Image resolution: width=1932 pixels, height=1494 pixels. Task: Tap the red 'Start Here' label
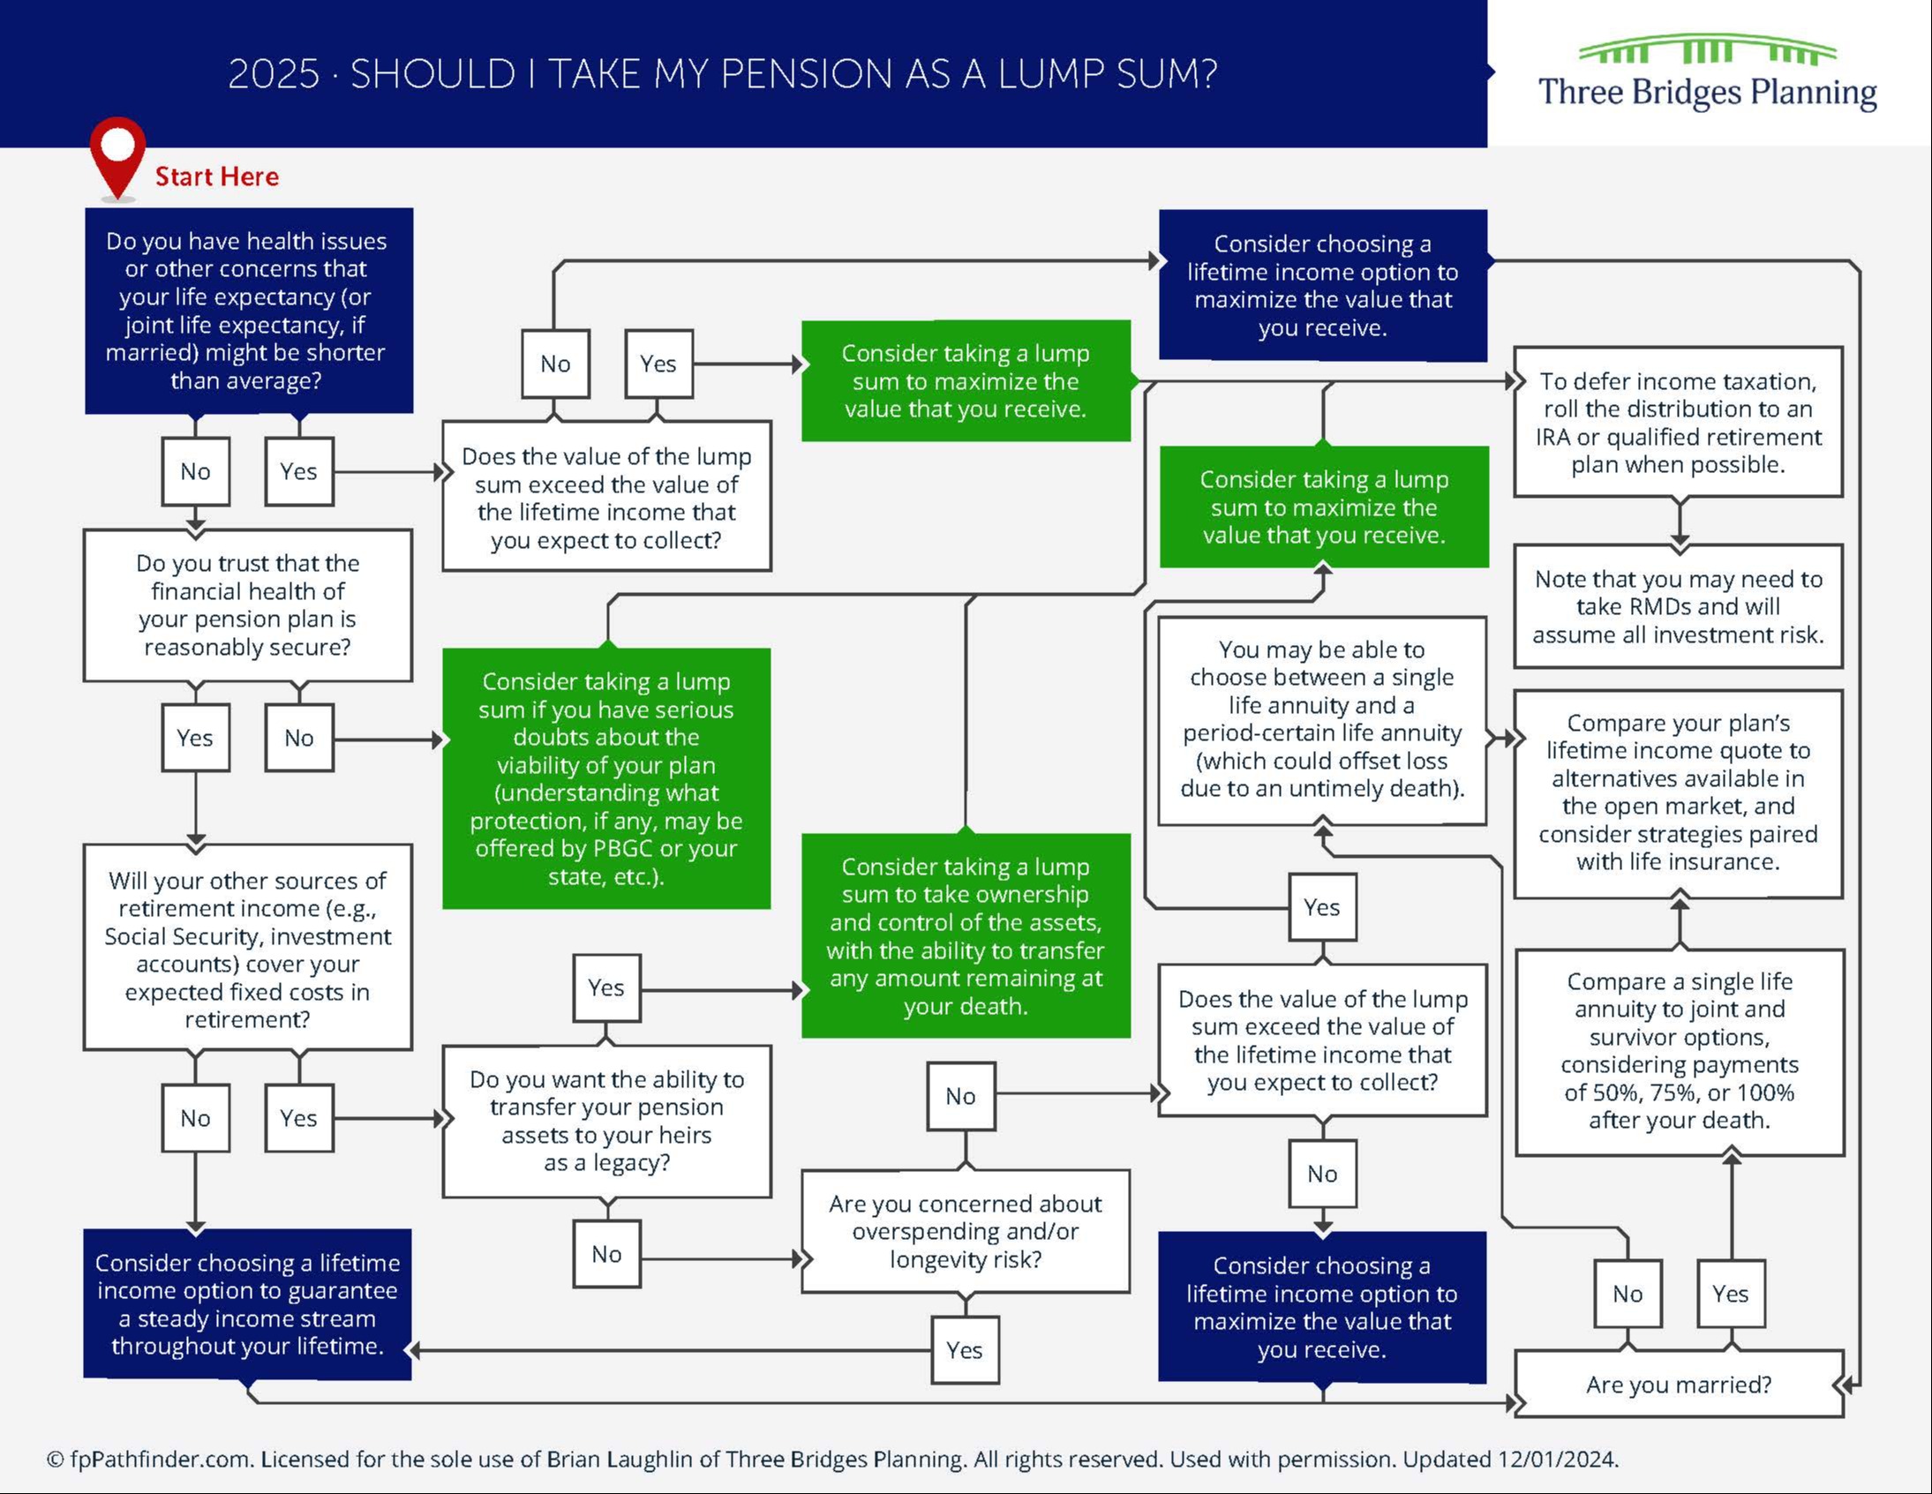pos(217,176)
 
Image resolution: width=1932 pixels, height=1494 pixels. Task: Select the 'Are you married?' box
pos(1678,1385)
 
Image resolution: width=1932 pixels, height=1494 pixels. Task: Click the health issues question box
pos(249,311)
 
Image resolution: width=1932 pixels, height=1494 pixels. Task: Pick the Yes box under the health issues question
pos(299,471)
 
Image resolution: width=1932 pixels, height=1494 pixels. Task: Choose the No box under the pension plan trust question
pos(299,738)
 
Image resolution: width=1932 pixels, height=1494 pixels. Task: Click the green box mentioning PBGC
pos(606,778)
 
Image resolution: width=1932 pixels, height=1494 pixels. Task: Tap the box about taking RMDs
pos(1678,607)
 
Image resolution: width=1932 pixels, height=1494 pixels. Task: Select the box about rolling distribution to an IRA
pos(1678,423)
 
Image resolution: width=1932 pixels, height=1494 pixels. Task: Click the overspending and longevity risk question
pos(965,1231)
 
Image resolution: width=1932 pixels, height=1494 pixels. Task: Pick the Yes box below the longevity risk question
pos(964,1350)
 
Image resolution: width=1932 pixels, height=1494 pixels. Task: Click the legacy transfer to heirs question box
pos(606,1121)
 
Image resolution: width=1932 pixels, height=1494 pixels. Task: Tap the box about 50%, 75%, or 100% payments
pos(1679,1051)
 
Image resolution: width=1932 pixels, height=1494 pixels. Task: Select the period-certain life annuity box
pos(1321,719)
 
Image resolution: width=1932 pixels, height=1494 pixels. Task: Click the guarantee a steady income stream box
pos(248,1303)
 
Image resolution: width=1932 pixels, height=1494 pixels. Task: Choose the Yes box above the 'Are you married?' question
pos(1730,1294)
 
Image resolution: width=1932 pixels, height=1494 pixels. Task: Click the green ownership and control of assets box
pos(965,936)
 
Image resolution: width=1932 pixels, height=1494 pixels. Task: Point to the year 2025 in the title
pos(273,74)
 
